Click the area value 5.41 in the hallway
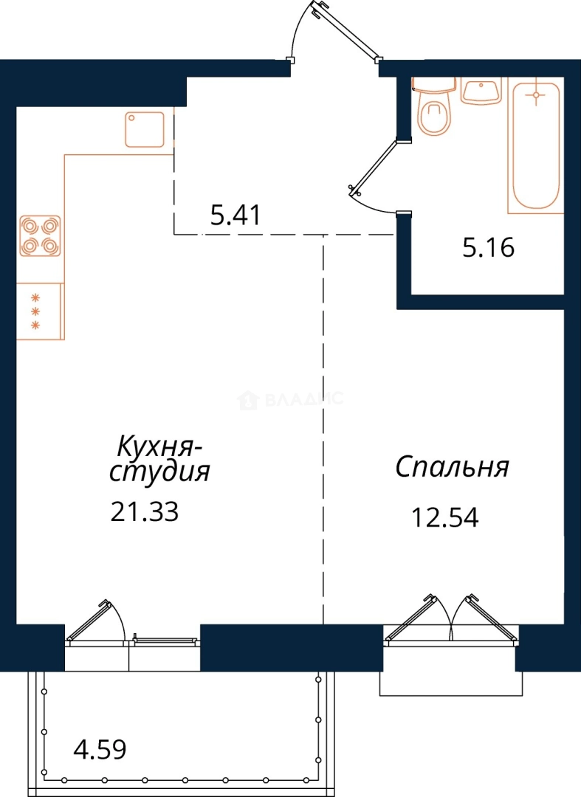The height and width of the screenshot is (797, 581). pos(236,215)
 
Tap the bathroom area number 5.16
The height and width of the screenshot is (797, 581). pos(489,247)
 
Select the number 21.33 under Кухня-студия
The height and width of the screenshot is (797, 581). pos(145,511)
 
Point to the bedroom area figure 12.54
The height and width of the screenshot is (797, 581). pos(444,518)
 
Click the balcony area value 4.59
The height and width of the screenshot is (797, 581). pos(100,749)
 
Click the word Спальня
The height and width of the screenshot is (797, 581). pos(452,467)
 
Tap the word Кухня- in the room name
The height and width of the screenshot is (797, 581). pos(159,447)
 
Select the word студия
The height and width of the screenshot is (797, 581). pos(159,472)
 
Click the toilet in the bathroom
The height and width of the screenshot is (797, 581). pos(434,107)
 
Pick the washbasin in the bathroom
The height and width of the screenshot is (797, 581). pos(481,90)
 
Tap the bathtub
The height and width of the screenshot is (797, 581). pos(536,145)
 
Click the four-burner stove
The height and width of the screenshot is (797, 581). pos(40,235)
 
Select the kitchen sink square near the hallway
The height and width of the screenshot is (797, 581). pos(145,130)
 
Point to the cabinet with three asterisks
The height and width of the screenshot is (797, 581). pos(40,311)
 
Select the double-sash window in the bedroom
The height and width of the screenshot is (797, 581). pos(451,620)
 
